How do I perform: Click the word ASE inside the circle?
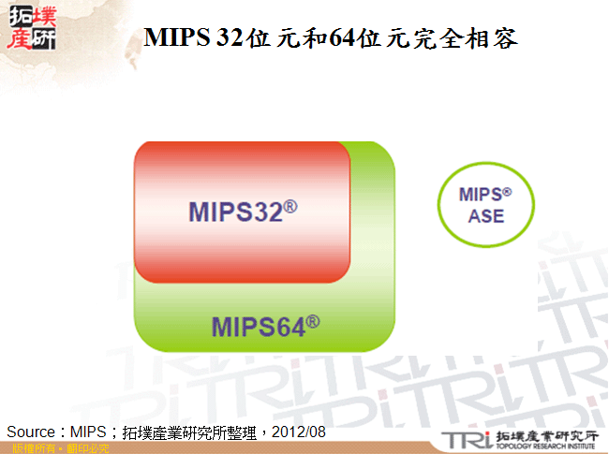coord(485,216)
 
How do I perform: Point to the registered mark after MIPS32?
coord(290,204)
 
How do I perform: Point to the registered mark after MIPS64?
coord(313,321)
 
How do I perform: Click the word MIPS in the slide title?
coord(176,39)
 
